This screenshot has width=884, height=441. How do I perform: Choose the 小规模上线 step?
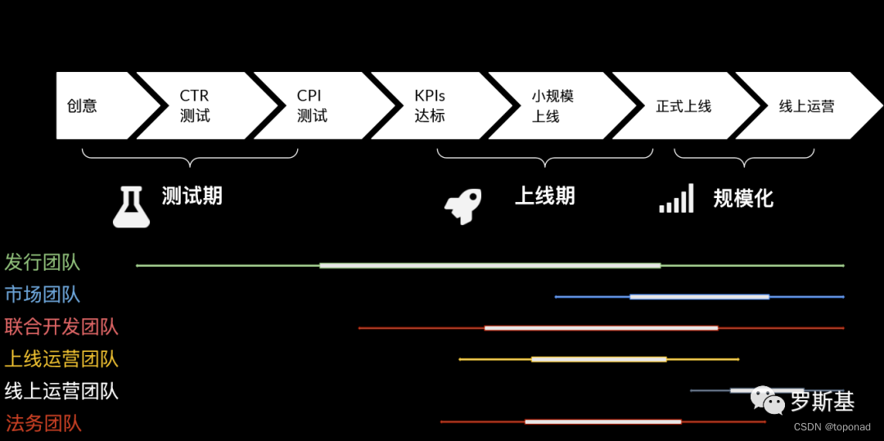pyautogui.click(x=552, y=106)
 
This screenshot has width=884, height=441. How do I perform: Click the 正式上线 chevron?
pyautogui.click(x=683, y=106)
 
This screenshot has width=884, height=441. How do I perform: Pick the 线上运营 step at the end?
pyautogui.click(x=806, y=106)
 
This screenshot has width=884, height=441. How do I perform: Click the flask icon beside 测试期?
pyautogui.click(x=131, y=205)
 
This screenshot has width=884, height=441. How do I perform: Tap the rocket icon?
pyautogui.click(x=462, y=206)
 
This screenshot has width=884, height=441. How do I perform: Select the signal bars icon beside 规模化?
pyautogui.click(x=676, y=199)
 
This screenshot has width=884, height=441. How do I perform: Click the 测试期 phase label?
pyautogui.click(x=192, y=196)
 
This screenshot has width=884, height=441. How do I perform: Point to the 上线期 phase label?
pyautogui.click(x=545, y=196)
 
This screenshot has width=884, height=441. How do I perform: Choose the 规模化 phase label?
pyautogui.click(x=743, y=198)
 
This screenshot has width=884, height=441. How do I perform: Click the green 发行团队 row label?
pyautogui.click(x=43, y=263)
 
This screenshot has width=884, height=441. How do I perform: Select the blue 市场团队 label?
pyautogui.click(x=43, y=295)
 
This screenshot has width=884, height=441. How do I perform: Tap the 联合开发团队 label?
pyautogui.click(x=61, y=327)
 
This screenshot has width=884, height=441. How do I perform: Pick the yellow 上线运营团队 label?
pyautogui.click(x=61, y=359)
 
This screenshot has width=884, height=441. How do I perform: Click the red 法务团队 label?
pyautogui.click(x=43, y=424)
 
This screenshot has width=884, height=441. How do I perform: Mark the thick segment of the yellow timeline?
pyautogui.click(x=599, y=359)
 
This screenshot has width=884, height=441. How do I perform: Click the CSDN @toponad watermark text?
pyautogui.click(x=832, y=427)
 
